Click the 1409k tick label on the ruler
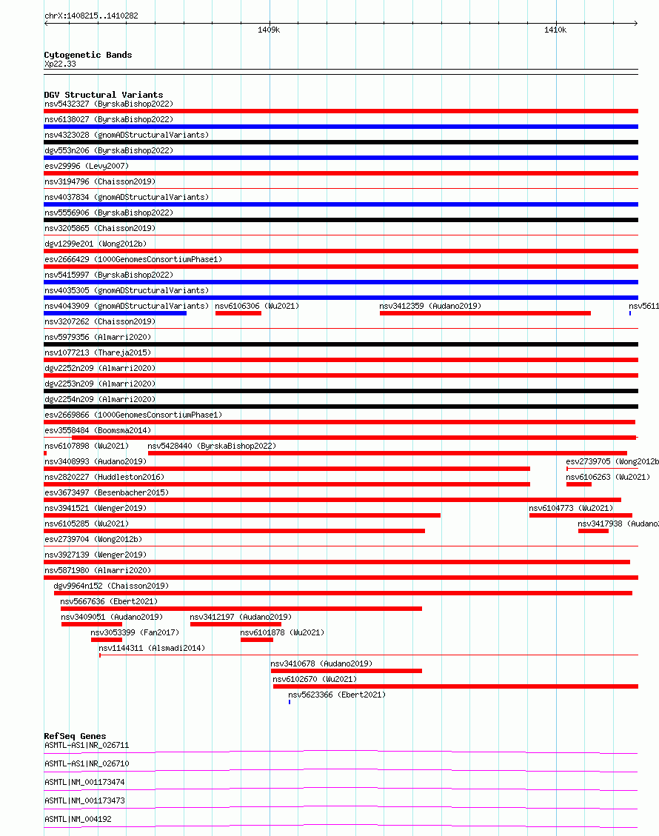coord(269,30)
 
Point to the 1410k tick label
coord(555,30)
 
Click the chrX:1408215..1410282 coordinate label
coord(91,16)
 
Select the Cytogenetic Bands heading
coord(87,55)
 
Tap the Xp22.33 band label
coord(60,64)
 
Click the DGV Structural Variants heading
coord(103,95)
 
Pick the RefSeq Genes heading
coord(75,736)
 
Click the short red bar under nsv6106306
coord(238,313)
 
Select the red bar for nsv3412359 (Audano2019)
coord(485,313)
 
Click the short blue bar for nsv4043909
coord(115,313)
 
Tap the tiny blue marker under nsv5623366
coord(290,702)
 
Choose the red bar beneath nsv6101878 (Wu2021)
coord(256,640)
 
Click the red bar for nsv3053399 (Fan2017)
coord(106,640)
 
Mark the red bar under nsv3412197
coord(235,624)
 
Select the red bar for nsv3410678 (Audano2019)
coord(346,671)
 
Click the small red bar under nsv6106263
coord(578,484)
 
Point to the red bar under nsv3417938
coord(593,531)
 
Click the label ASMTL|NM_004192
coord(78,819)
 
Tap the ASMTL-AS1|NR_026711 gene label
coord(87,745)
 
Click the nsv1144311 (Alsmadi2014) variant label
coord(152,648)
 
